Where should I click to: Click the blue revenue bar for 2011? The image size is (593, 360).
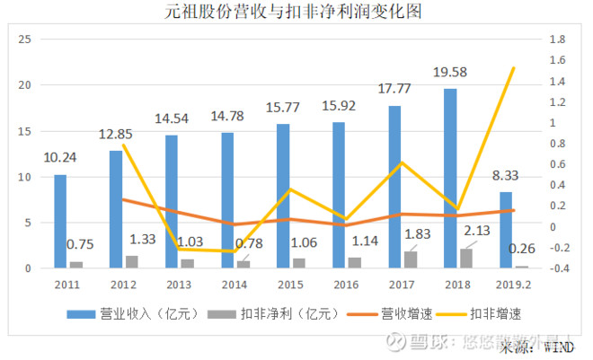tap(60, 221)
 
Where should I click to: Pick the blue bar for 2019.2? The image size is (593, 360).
tap(506, 230)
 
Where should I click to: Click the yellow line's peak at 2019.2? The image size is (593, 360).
tap(514, 68)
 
